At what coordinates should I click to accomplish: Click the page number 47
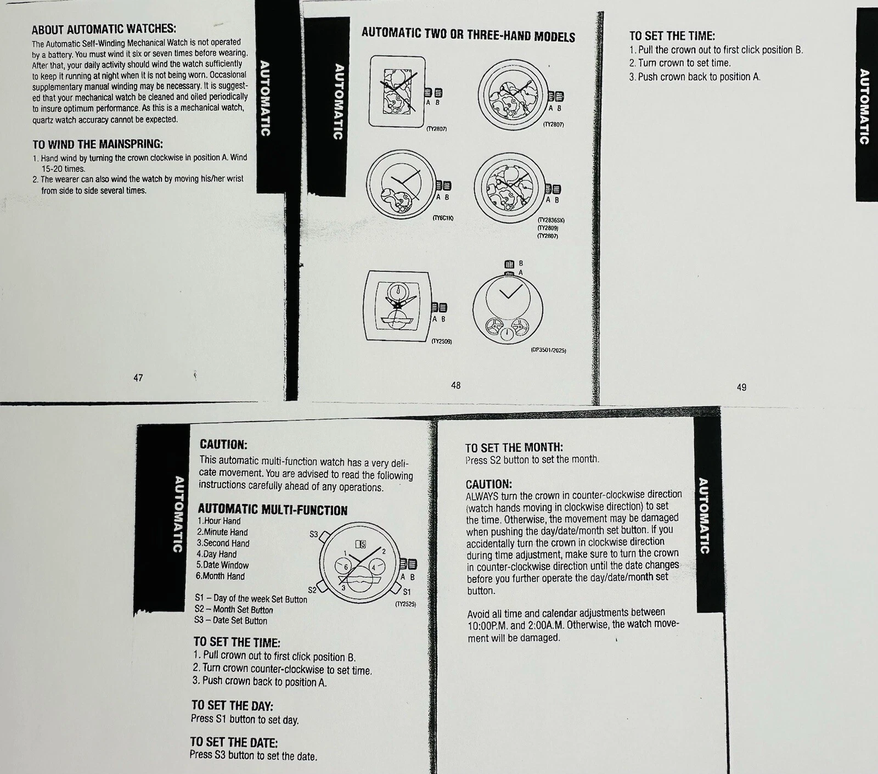click(138, 378)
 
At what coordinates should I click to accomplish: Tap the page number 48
click(455, 385)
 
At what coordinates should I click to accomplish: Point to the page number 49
click(741, 387)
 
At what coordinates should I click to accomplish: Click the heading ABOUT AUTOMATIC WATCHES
click(104, 29)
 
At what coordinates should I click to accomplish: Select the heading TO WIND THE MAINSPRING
click(98, 144)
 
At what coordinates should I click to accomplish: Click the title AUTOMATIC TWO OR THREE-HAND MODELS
click(468, 35)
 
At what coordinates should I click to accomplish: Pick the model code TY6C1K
click(443, 218)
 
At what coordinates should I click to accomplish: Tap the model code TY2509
click(441, 341)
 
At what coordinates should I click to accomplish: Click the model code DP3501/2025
click(548, 350)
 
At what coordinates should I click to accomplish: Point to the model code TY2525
click(406, 604)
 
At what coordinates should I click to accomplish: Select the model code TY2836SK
click(551, 220)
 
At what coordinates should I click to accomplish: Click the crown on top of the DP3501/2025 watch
click(509, 265)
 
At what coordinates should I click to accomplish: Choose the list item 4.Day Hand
click(217, 554)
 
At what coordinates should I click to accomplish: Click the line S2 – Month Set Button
click(233, 609)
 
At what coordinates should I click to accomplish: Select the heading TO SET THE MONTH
click(514, 447)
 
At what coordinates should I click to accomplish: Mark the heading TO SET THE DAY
click(232, 706)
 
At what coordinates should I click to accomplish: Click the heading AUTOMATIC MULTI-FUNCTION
click(273, 510)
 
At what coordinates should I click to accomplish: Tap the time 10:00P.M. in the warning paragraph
click(487, 625)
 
